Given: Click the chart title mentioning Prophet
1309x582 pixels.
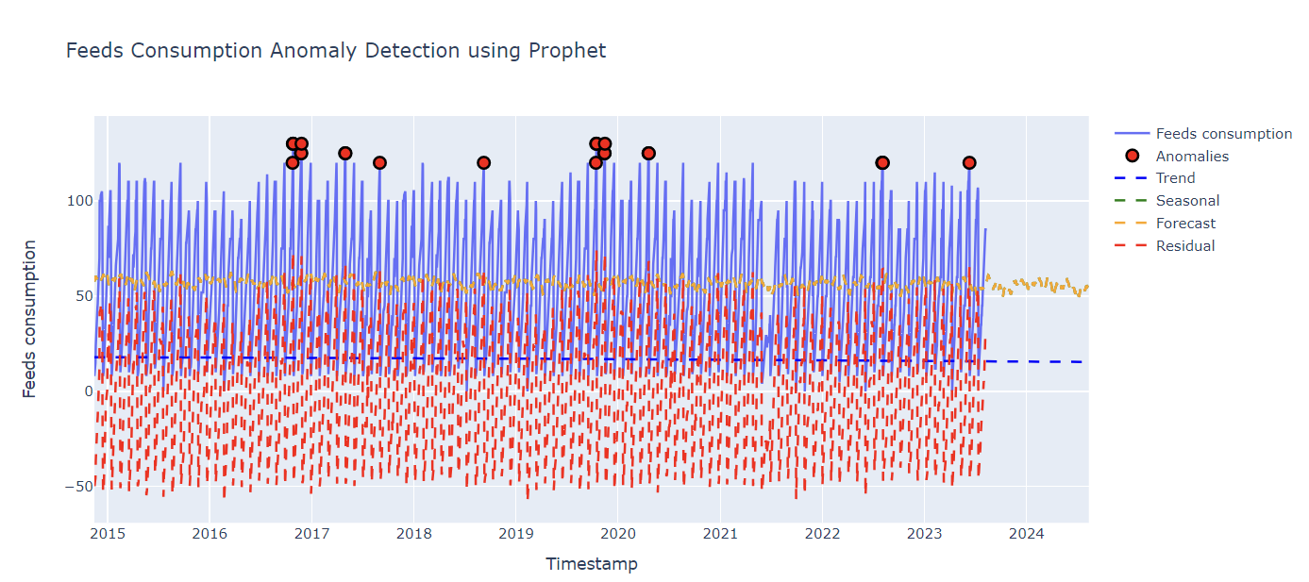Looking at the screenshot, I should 335,51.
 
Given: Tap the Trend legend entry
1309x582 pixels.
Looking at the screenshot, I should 1174,178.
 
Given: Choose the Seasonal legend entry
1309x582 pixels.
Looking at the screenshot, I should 1186,201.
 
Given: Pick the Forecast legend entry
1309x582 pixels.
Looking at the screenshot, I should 1184,224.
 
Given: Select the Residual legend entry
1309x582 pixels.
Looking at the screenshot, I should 1184,246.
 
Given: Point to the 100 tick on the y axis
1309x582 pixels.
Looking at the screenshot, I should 78,201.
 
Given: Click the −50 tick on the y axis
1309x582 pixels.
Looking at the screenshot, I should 75,487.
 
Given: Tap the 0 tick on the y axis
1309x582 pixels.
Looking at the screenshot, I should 85,391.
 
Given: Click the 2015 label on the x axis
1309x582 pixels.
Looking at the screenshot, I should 108,534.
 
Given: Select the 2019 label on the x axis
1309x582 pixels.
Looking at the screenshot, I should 515,534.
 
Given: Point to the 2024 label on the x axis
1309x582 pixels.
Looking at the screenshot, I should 1026,534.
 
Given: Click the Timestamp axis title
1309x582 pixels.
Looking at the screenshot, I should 591,564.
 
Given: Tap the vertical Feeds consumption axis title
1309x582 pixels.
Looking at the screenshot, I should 30,319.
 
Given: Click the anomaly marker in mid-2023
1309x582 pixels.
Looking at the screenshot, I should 969,163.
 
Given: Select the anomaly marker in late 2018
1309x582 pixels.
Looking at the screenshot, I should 483,163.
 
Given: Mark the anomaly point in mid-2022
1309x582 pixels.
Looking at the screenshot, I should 882,163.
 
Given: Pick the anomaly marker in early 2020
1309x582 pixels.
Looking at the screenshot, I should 648,154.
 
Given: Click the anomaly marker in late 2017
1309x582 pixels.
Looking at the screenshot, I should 379,163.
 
